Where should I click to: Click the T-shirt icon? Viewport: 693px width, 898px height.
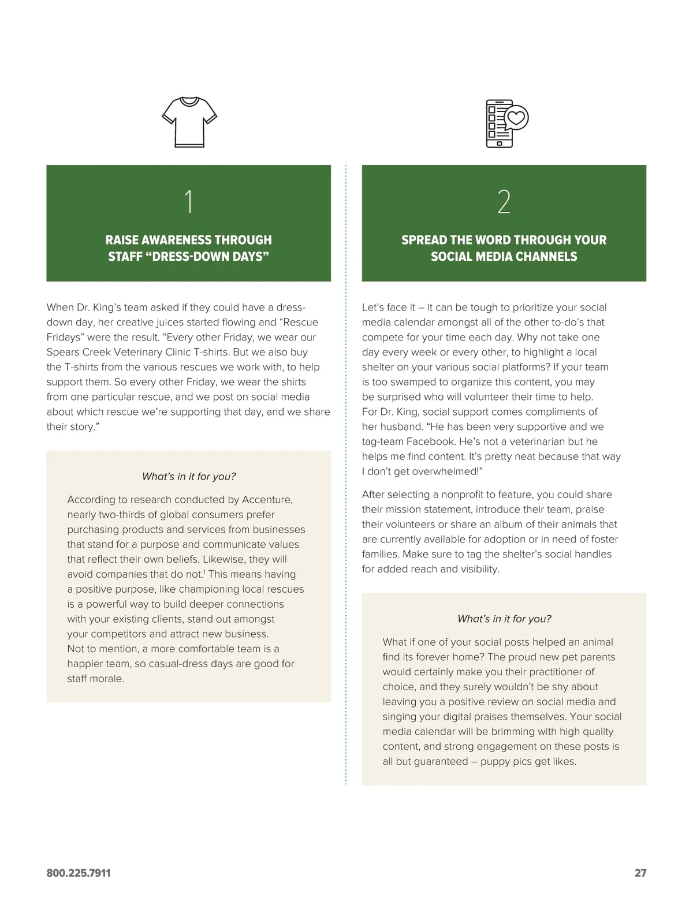[189, 122]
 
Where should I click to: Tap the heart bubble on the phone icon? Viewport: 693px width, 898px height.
[516, 118]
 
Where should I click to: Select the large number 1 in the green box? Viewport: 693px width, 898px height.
[188, 202]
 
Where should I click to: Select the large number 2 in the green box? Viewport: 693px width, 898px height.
[504, 202]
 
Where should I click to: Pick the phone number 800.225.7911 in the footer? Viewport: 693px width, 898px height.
[79, 873]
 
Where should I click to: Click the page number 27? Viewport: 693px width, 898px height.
[640, 873]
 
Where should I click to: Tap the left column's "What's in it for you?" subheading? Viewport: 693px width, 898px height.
[189, 477]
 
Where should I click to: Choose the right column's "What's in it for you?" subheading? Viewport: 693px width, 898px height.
[504, 619]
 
